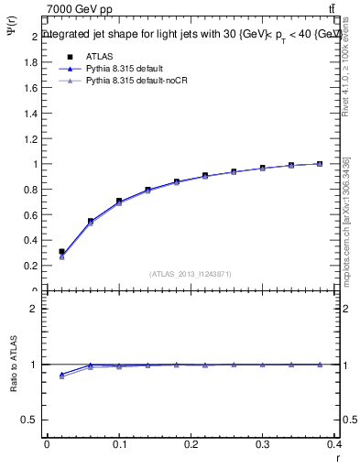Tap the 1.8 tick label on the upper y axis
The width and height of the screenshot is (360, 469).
(x=31, y=62)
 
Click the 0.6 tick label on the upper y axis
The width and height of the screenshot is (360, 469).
(x=31, y=215)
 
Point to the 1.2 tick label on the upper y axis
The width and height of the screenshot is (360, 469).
(x=31, y=139)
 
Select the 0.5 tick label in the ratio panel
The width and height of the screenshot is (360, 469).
(x=31, y=420)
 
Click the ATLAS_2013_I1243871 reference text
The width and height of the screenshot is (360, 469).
(x=190, y=274)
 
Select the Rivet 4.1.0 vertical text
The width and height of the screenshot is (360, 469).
(x=346, y=64)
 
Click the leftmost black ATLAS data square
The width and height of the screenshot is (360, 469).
(x=61, y=251)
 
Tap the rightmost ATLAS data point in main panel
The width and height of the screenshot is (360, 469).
(x=319, y=164)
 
